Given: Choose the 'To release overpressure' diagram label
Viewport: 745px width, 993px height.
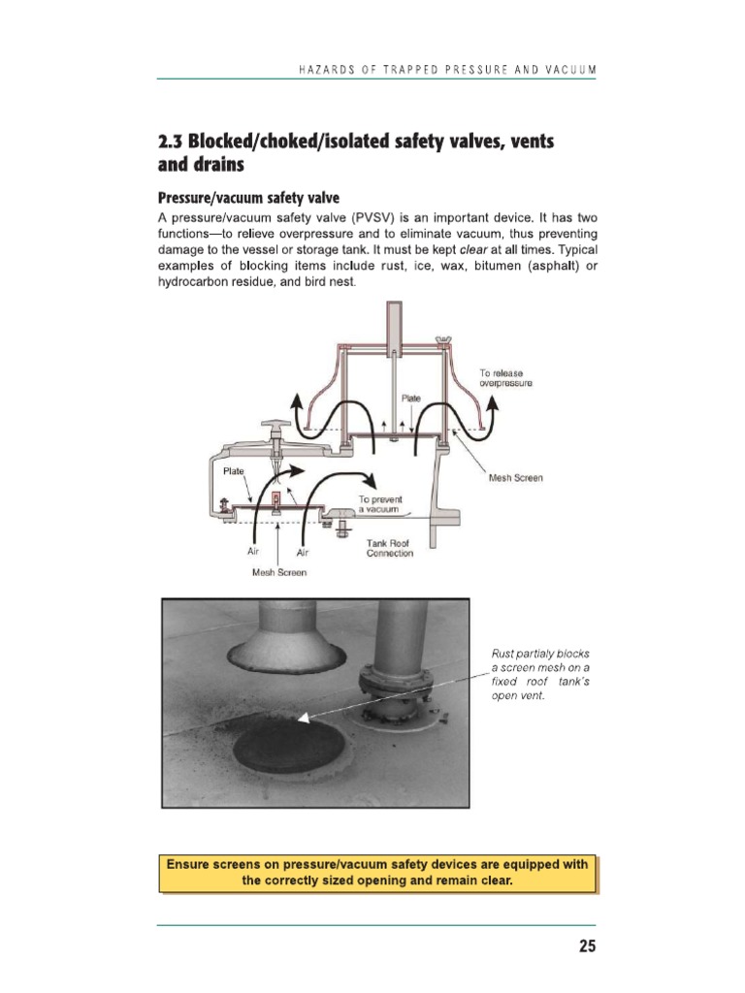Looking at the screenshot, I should tap(505, 378).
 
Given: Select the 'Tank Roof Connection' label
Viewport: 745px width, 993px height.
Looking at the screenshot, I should tap(390, 549).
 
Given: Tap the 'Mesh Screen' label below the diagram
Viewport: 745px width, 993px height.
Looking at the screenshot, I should tap(279, 573).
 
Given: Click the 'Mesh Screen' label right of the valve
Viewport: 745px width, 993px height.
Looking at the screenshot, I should tap(516, 478).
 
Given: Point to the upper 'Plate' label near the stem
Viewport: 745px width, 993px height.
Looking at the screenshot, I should tap(411, 399).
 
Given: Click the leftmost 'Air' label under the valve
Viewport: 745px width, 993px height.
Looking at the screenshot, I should tap(254, 551).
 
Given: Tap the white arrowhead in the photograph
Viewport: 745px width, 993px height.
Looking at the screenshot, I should tap(304, 719).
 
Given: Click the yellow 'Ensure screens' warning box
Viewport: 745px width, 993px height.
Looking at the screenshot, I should tap(378, 874).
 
